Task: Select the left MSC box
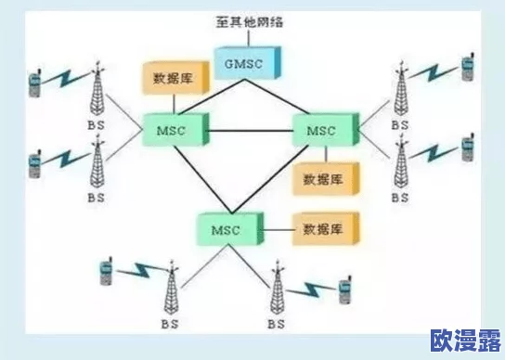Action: click(x=173, y=129)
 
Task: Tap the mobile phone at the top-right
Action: click(x=467, y=66)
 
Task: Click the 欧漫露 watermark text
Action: click(x=462, y=339)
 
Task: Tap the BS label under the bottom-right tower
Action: click(x=277, y=324)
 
